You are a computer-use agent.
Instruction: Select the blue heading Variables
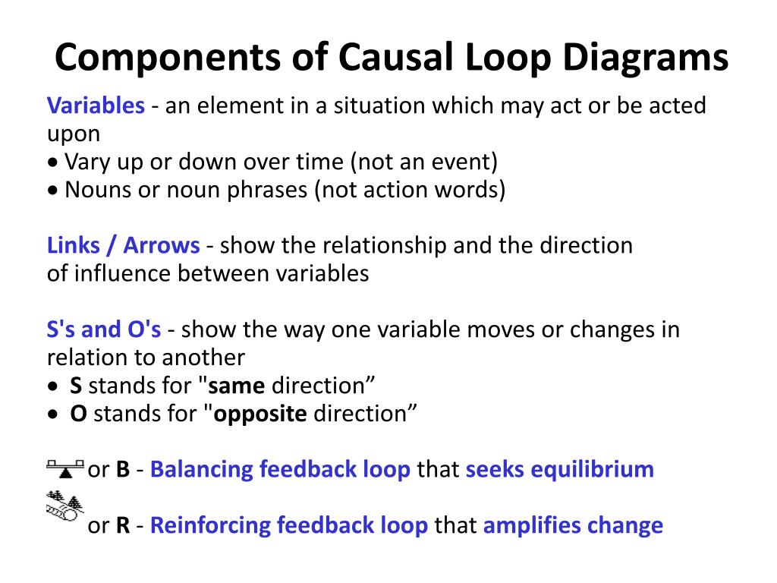[x=96, y=105]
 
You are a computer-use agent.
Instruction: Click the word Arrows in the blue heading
[x=162, y=245]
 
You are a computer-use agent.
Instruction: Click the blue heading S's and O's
[x=103, y=329]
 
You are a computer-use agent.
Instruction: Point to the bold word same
[x=237, y=386]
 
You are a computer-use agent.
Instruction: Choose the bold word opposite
[x=260, y=414]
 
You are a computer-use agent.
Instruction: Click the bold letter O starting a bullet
[x=78, y=414]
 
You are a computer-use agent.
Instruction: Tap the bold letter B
[x=123, y=469]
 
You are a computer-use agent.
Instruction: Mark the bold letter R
[x=123, y=525]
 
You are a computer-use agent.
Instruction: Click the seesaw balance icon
[x=65, y=468]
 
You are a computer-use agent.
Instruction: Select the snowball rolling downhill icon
[x=65, y=506]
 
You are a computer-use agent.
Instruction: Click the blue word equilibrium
[x=592, y=470]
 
